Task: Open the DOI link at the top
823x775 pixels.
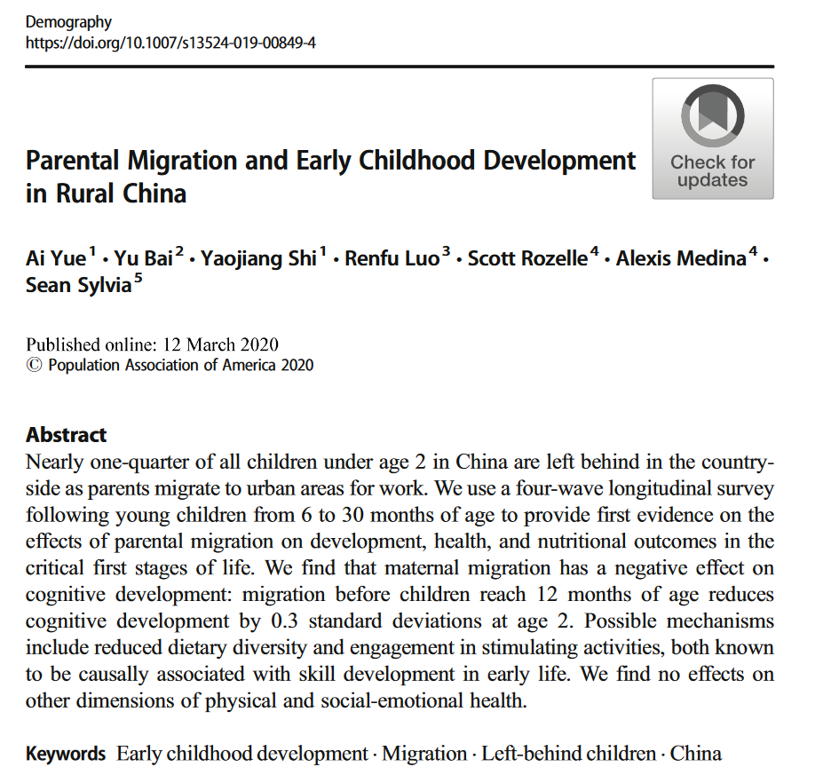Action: click(x=170, y=42)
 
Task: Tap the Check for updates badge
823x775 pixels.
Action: click(x=712, y=138)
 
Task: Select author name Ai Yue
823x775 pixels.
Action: click(x=56, y=259)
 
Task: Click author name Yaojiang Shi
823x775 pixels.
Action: click(x=259, y=259)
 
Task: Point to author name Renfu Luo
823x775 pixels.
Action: click(x=392, y=259)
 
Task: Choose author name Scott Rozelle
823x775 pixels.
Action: click(x=527, y=259)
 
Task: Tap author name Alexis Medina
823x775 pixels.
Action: click(x=681, y=259)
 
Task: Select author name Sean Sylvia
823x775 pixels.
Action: click(x=79, y=287)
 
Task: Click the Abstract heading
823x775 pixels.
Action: click(x=67, y=435)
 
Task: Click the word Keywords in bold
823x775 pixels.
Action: click(x=66, y=755)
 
